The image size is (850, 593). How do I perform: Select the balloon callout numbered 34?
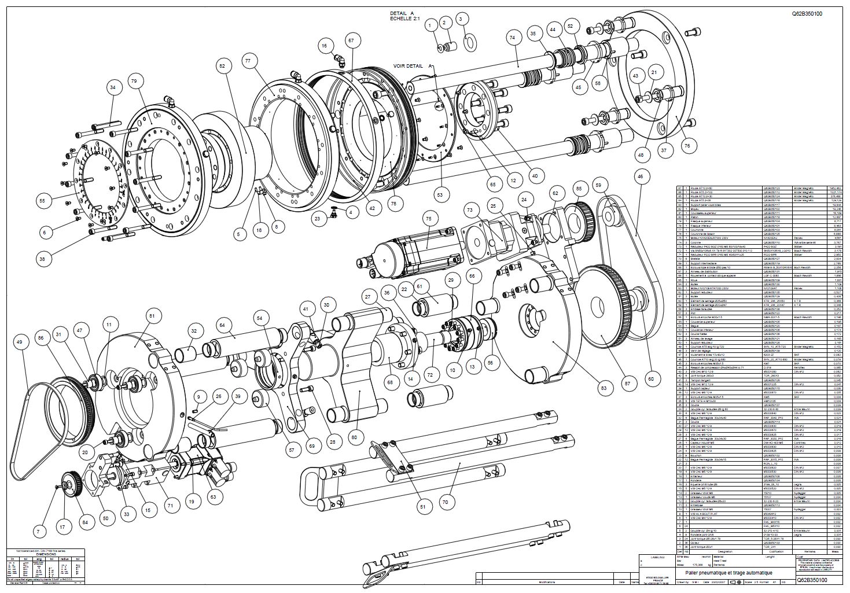(112, 87)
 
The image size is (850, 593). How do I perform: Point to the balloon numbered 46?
(640, 175)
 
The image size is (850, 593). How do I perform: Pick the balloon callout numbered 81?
(152, 316)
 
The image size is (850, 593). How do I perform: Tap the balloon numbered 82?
(222, 67)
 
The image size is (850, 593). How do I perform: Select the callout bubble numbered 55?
(42, 201)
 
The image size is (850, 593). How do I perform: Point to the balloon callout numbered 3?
(461, 19)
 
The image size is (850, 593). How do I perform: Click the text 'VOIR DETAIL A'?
(413, 66)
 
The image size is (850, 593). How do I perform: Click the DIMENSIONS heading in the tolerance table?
(45, 554)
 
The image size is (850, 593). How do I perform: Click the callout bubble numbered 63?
(214, 496)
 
